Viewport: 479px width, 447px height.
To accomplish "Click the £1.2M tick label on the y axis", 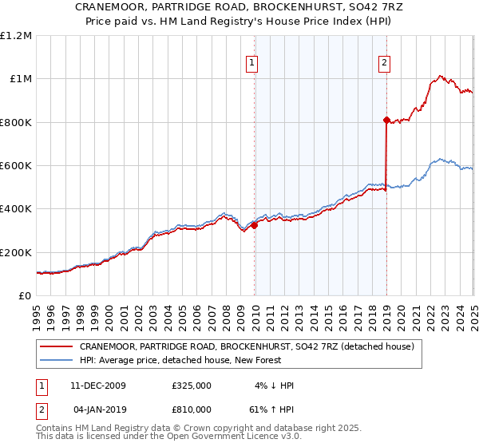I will click(16, 36).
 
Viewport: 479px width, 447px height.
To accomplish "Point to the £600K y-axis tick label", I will click(16, 166).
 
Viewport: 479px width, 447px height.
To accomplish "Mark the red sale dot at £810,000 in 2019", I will click(386, 121).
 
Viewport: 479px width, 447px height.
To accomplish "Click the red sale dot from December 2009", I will click(255, 225).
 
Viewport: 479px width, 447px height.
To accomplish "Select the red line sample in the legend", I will click(57, 347).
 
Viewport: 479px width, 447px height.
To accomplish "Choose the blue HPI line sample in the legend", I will click(57, 362).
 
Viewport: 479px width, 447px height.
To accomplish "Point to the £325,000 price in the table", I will click(192, 386).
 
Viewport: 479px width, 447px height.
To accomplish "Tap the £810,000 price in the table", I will click(192, 411).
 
